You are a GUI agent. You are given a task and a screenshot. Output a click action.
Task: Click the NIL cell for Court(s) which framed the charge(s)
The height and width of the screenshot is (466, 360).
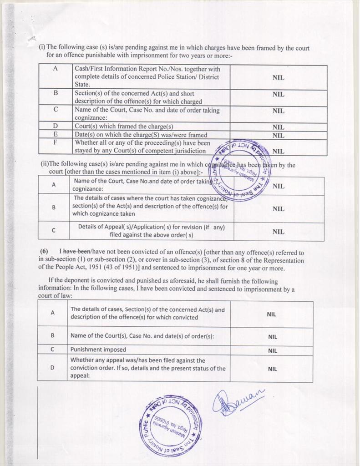click(x=278, y=127)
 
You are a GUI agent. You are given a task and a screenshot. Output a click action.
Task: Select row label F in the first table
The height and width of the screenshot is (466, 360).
click(x=56, y=142)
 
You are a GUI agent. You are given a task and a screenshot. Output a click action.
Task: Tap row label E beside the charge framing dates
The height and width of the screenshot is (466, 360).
click(x=56, y=135)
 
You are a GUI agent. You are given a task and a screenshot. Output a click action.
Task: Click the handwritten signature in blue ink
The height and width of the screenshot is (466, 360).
click(x=237, y=401)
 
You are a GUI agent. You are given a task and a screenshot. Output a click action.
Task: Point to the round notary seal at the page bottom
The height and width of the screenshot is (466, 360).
click(x=170, y=425)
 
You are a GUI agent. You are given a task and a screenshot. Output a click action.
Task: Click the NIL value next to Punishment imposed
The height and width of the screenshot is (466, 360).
click(x=272, y=351)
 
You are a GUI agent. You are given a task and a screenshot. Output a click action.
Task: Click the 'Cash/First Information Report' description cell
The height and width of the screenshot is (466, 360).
click(x=147, y=76)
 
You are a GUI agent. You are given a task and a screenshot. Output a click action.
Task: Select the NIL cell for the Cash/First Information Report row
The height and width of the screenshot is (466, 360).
click(x=278, y=77)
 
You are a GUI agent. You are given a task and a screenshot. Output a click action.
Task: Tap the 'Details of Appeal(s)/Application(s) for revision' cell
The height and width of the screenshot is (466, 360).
click(x=151, y=231)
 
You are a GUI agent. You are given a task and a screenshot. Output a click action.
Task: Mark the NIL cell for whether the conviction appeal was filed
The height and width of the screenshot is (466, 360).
click(x=272, y=369)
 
